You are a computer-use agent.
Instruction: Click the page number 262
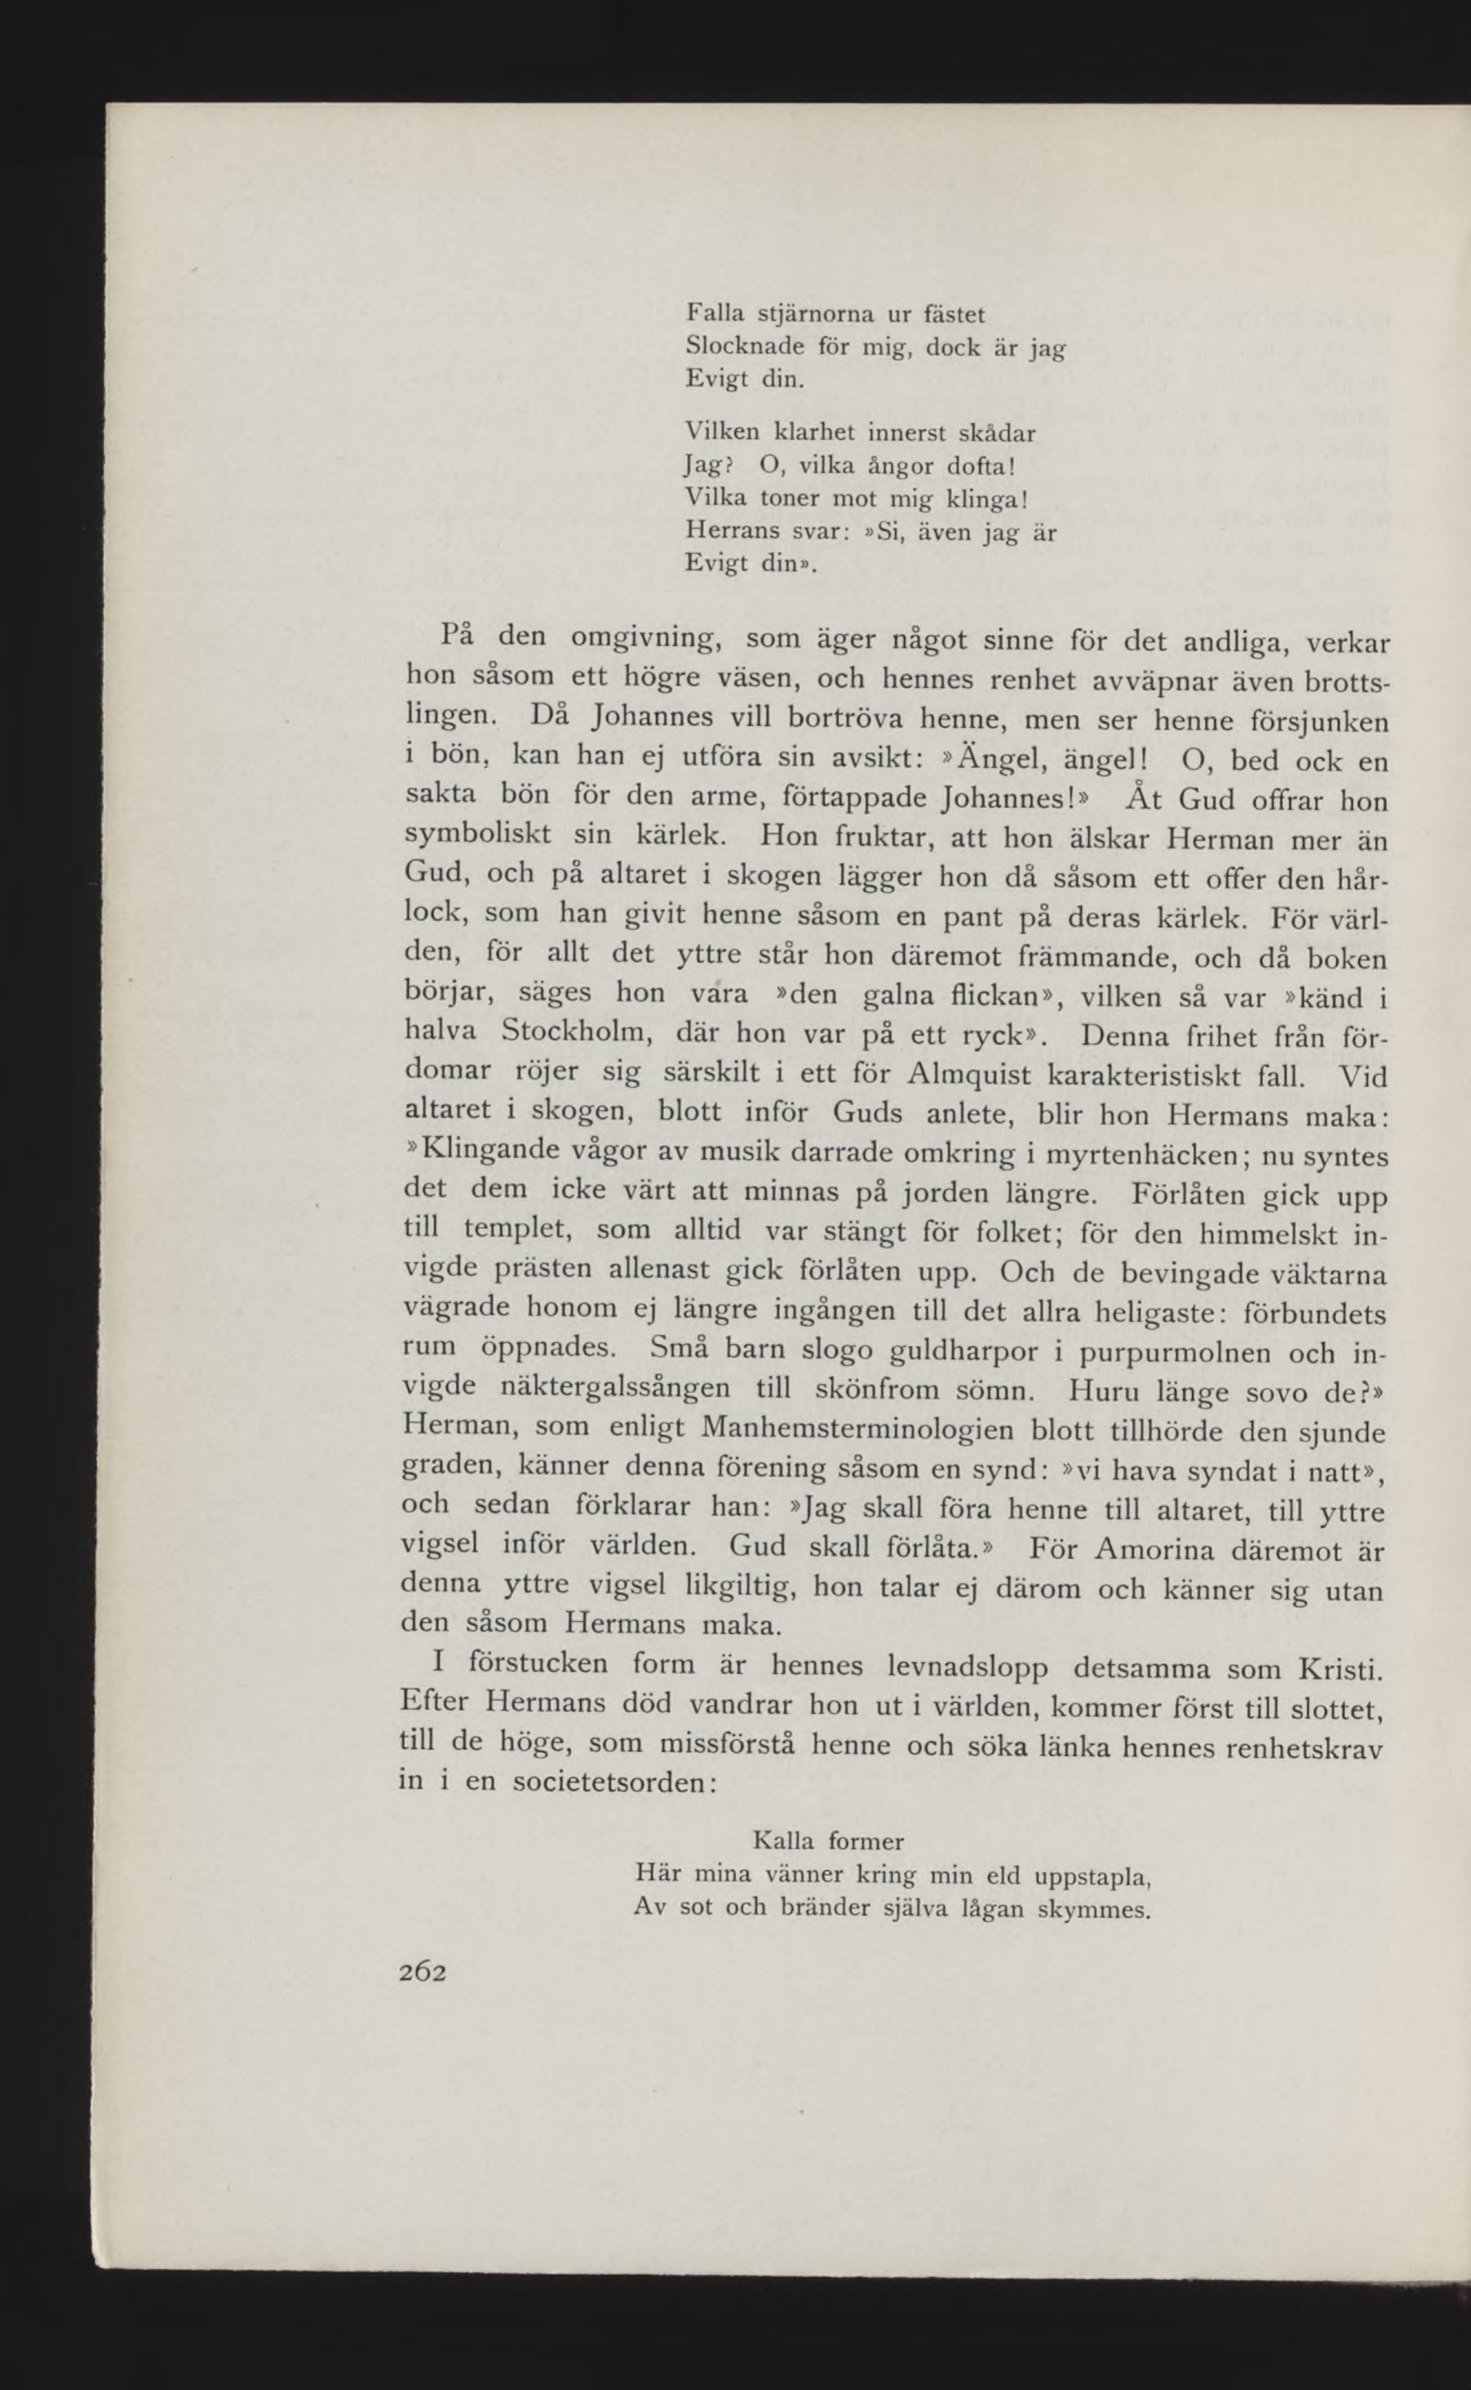coord(422,1971)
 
